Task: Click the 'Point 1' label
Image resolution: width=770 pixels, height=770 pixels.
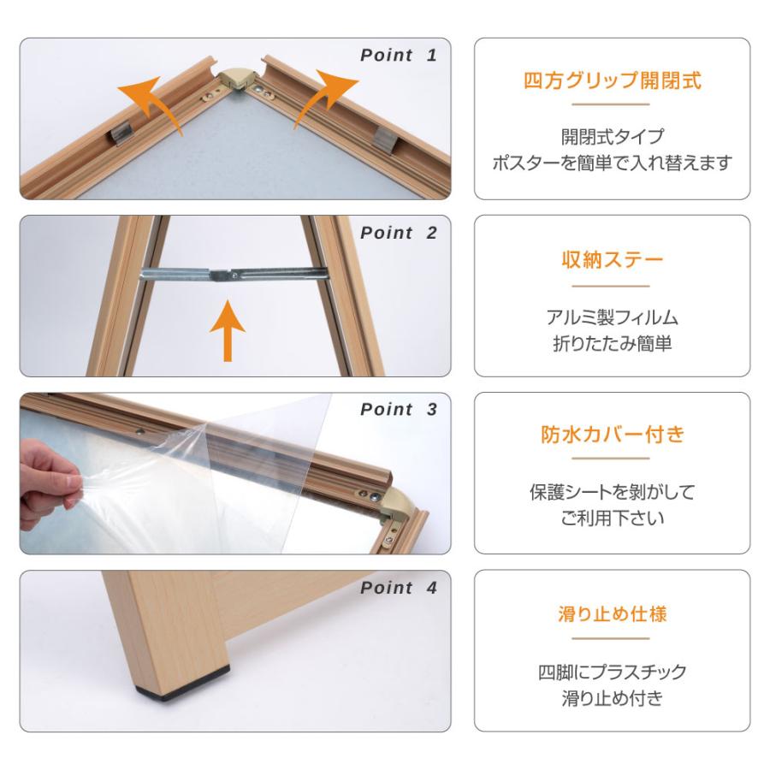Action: (x=398, y=56)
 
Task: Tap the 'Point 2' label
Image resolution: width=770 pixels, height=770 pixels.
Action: (x=398, y=233)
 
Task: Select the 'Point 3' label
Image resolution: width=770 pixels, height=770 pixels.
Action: (x=398, y=410)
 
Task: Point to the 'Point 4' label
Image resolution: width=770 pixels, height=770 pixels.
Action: (x=398, y=588)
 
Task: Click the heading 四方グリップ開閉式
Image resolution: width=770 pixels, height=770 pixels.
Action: (x=612, y=82)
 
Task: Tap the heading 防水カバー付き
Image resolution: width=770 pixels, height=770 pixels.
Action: (x=612, y=435)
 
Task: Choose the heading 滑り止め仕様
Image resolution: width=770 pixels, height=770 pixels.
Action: (x=612, y=614)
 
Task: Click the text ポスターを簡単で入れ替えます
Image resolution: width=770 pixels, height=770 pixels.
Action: (x=612, y=163)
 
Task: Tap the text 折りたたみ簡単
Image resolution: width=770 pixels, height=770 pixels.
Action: (x=612, y=344)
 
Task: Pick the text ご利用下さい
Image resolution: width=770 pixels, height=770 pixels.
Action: (x=612, y=518)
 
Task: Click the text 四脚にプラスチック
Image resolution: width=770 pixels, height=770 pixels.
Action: (x=612, y=672)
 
